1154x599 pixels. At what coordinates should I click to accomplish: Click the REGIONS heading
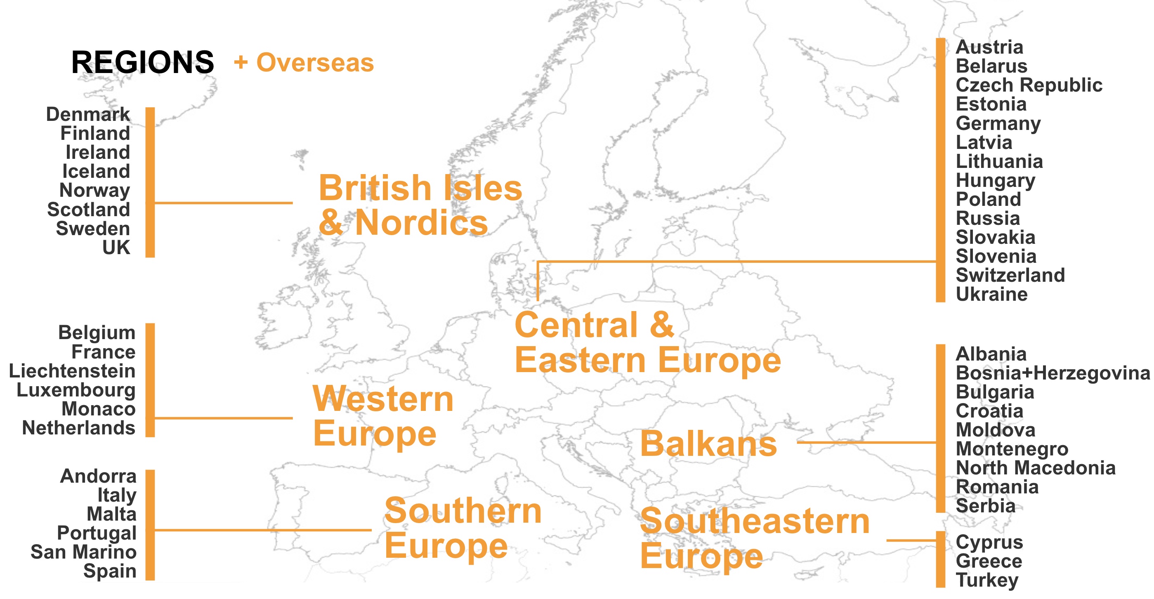pyautogui.click(x=142, y=62)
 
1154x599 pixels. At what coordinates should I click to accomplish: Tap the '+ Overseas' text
pyautogui.click(x=304, y=62)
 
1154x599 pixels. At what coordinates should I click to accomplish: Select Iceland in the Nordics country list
pyautogui.click(x=96, y=171)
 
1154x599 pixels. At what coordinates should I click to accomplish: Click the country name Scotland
pyautogui.click(x=89, y=209)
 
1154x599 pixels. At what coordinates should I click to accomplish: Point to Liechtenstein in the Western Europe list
pyautogui.click(x=72, y=371)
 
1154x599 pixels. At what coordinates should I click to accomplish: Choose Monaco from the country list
pyautogui.click(x=99, y=409)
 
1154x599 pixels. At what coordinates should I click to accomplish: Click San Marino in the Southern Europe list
pyautogui.click(x=83, y=552)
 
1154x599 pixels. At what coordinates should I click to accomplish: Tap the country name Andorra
pyautogui.click(x=98, y=476)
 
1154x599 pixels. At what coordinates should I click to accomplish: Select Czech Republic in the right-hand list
pyautogui.click(x=1029, y=85)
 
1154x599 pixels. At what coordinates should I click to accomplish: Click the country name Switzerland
pyautogui.click(x=1010, y=275)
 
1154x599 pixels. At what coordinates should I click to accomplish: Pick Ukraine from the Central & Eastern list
pyautogui.click(x=991, y=295)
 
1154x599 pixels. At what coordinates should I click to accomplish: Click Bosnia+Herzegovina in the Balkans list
pyautogui.click(x=1053, y=373)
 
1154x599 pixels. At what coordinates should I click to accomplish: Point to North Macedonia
pyautogui.click(x=1035, y=468)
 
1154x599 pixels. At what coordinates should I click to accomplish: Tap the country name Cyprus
pyautogui.click(x=989, y=542)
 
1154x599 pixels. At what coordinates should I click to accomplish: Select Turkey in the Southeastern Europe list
pyautogui.click(x=987, y=580)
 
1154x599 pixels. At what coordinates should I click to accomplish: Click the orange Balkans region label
pyautogui.click(x=708, y=444)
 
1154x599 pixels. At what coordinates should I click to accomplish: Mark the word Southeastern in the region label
pyautogui.click(x=755, y=522)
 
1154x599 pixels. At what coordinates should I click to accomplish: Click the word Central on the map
pyautogui.click(x=576, y=325)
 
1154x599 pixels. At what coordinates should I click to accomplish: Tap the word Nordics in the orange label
pyautogui.click(x=421, y=223)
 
